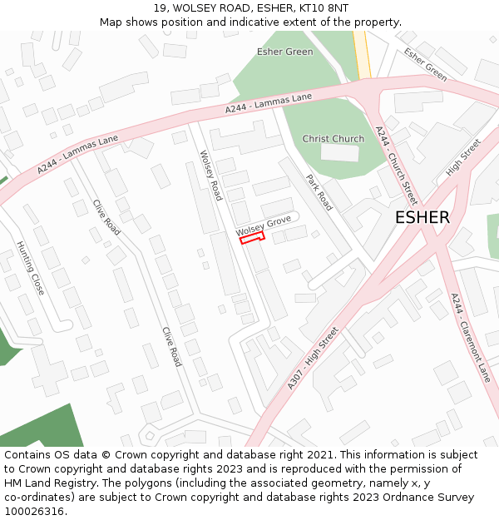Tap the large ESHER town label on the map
pyautogui.click(x=422, y=218)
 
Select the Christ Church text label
pyautogui.click(x=333, y=139)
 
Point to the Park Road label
pyautogui.click(x=319, y=192)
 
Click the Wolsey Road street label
pyautogui.click(x=211, y=175)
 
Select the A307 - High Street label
pyautogui.click(x=314, y=357)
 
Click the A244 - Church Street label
pyautogui.click(x=396, y=166)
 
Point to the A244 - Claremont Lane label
pyautogui.click(x=471, y=337)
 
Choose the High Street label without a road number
pyautogui.click(x=463, y=156)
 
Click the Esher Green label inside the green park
pyautogui.click(x=284, y=52)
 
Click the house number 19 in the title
pyautogui.click(x=160, y=8)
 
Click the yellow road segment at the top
pyautogui.click(x=361, y=53)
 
